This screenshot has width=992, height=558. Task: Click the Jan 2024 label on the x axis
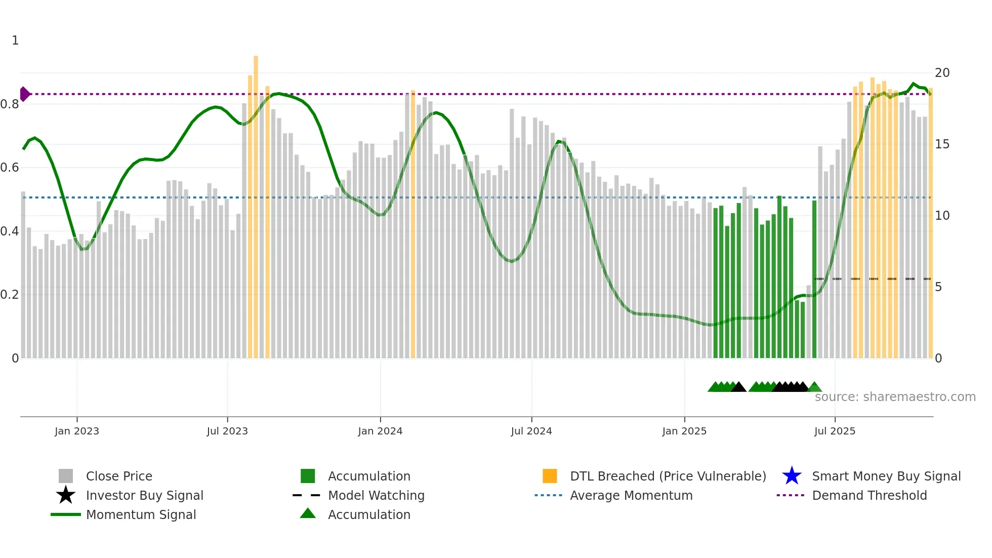pyautogui.click(x=380, y=431)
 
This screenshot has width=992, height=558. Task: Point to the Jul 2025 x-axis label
pyautogui.click(x=835, y=431)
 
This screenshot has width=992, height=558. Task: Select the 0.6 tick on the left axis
pyautogui.click(x=10, y=168)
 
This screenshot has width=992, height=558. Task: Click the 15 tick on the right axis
pyautogui.click(x=942, y=144)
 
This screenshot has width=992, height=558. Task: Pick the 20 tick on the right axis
pyautogui.click(x=942, y=73)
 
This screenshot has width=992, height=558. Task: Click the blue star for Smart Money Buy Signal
pyautogui.click(x=792, y=476)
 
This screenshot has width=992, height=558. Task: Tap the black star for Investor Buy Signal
pyautogui.click(x=66, y=495)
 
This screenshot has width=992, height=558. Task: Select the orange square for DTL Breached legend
pyautogui.click(x=550, y=476)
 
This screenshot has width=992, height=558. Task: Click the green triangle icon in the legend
pyautogui.click(x=308, y=513)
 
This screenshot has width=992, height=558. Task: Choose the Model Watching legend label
pyautogui.click(x=376, y=495)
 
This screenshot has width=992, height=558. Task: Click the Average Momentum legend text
pyautogui.click(x=631, y=495)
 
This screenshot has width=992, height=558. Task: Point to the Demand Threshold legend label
pyautogui.click(x=869, y=495)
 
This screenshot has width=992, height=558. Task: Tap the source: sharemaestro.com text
pyautogui.click(x=895, y=397)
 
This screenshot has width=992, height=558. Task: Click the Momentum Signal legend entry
pyautogui.click(x=141, y=514)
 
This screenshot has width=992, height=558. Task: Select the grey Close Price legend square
pyautogui.click(x=66, y=476)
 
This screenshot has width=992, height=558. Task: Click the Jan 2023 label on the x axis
pyautogui.click(x=77, y=431)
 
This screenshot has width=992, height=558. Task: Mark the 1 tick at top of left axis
pyautogui.click(x=15, y=41)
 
